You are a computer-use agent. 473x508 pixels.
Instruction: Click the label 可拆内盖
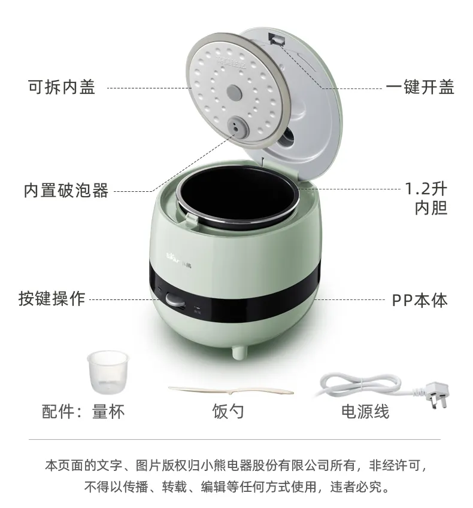click(62, 87)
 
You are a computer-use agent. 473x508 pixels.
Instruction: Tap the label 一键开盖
click(420, 87)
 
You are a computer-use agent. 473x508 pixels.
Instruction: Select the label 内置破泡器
click(66, 191)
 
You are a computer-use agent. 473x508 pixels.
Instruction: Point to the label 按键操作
click(52, 298)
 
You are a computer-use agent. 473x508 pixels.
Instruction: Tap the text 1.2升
click(426, 189)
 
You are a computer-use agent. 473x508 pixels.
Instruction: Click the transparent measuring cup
click(108, 372)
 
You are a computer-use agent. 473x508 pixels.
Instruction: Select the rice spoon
click(231, 390)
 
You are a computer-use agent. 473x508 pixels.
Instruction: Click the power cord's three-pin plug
click(438, 394)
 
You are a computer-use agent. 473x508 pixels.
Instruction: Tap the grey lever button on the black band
click(175, 299)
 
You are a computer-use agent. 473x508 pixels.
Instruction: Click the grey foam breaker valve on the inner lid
click(238, 127)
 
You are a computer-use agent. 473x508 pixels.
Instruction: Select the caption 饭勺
click(228, 411)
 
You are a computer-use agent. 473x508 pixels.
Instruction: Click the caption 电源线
click(365, 411)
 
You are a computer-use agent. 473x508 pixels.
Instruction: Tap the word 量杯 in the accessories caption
click(108, 411)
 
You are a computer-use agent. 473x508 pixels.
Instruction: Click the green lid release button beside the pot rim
click(193, 219)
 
